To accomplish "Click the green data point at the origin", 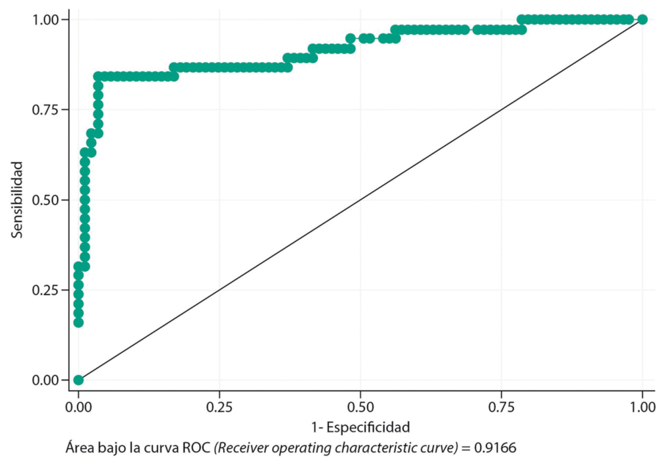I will tap(78, 380).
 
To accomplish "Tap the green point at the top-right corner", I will tap(643, 19).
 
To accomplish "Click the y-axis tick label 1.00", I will tap(50, 19).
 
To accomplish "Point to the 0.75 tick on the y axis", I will tap(50, 109).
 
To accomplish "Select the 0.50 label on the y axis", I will tap(50, 200).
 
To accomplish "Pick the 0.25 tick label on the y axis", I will tap(50, 290).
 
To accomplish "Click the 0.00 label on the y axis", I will tap(50, 380).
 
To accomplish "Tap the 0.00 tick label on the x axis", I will tap(78, 406).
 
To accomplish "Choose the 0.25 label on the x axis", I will tap(219, 406).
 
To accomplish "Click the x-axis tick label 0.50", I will tap(360, 406).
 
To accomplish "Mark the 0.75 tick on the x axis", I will tap(501, 406).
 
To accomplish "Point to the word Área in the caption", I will tap(78, 447).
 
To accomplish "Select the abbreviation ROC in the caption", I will tap(198, 447).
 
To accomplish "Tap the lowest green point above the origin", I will tap(78, 323).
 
